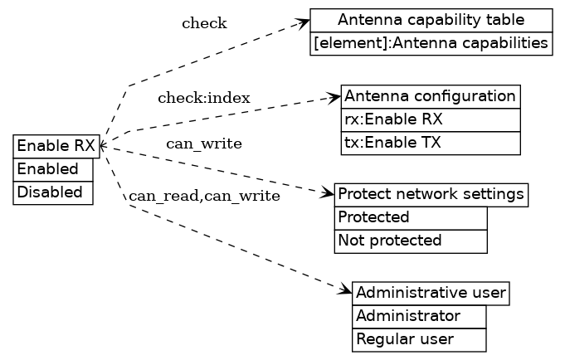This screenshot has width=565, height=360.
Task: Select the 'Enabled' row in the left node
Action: tap(53, 169)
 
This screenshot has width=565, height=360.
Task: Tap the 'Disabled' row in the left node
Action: tap(53, 192)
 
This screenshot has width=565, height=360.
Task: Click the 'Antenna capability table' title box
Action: tap(431, 20)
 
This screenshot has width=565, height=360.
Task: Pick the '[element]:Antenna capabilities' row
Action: tap(431, 43)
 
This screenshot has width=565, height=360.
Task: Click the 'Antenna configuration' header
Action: tap(430, 96)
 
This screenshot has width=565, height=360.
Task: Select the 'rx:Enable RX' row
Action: tap(430, 119)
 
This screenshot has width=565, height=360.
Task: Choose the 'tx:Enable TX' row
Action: tap(430, 143)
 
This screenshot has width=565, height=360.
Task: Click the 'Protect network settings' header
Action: tap(431, 195)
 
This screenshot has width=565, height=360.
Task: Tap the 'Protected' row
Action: tap(410, 218)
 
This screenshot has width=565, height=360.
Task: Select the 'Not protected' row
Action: tap(410, 241)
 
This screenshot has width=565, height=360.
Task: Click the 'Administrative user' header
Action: tap(430, 294)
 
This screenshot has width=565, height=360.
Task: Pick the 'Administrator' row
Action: tap(418, 317)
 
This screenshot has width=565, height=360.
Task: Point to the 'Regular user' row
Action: tap(418, 340)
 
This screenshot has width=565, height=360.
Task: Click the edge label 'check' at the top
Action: tap(204, 23)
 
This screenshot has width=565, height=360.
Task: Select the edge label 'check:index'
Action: tap(204, 99)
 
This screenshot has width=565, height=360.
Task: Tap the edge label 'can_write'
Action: tap(204, 144)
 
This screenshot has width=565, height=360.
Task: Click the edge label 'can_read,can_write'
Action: tap(204, 197)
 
